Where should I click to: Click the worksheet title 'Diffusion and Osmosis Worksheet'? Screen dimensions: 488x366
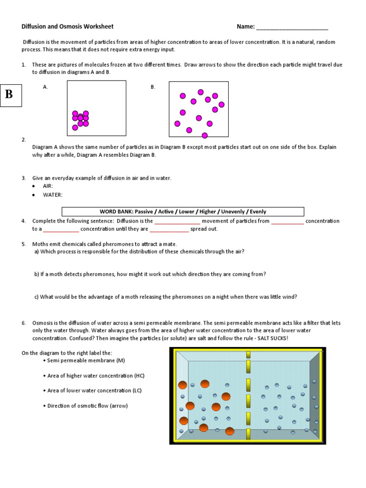tap(68, 27)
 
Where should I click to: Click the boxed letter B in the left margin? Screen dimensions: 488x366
tap(9, 94)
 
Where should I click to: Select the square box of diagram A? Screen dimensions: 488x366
tap(97, 108)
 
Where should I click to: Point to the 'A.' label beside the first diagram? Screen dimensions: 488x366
tap(45, 87)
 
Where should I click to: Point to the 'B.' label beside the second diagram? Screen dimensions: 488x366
tap(153, 87)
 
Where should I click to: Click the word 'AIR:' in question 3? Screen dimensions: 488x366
tap(48, 186)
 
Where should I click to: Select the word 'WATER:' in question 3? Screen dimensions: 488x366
tap(52, 194)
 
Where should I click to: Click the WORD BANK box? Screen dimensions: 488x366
tap(183, 212)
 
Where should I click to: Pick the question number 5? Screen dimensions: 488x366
tap(23, 244)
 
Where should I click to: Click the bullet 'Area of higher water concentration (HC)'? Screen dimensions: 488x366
tap(95, 376)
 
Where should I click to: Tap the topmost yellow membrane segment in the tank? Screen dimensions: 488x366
tap(248, 354)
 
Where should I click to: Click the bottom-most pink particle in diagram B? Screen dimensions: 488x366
tap(205, 135)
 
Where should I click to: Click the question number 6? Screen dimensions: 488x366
tap(23, 323)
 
